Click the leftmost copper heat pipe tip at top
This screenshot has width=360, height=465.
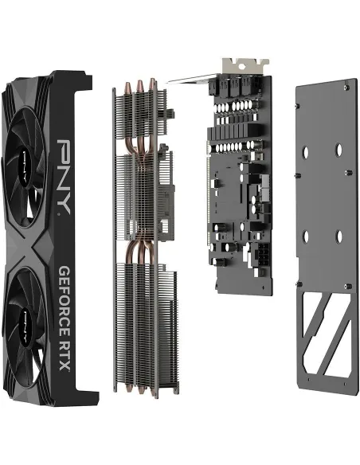[127, 85]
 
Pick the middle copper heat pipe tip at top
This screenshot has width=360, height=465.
[140, 82]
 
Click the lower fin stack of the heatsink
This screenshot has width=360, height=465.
[139, 326]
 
